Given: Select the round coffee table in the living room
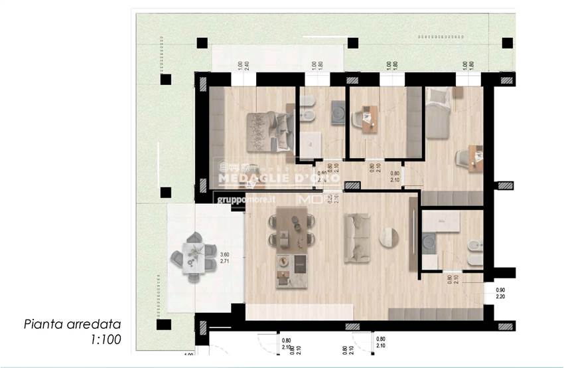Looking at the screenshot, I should [389, 237].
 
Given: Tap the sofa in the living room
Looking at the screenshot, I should [356, 237].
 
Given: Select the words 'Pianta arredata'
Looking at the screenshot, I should [73, 325].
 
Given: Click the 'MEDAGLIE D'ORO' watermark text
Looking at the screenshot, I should [279, 178].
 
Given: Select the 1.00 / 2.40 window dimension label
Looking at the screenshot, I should [242, 66].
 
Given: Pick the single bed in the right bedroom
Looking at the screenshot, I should [439, 113].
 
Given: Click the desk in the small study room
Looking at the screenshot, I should [369, 118].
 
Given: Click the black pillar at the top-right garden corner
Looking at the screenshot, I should [507, 43].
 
